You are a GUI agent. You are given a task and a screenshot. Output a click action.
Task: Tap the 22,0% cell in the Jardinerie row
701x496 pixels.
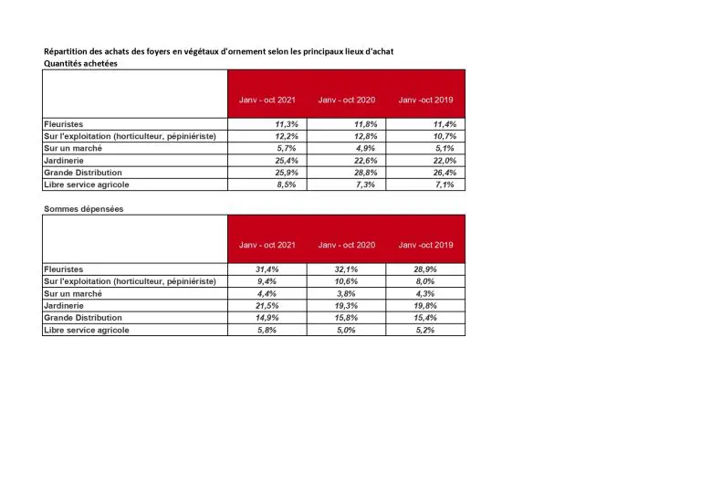click(x=444, y=160)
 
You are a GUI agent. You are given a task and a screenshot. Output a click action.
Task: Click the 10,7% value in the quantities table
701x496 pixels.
click(x=444, y=135)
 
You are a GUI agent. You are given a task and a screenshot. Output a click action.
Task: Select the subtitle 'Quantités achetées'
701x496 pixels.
click(x=79, y=63)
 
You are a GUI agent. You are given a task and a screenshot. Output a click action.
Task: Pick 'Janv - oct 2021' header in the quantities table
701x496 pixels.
click(x=267, y=99)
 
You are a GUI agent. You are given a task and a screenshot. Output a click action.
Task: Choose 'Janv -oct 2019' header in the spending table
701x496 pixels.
click(x=425, y=245)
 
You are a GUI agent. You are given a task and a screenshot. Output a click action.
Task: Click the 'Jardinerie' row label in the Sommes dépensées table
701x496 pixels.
click(x=66, y=306)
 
